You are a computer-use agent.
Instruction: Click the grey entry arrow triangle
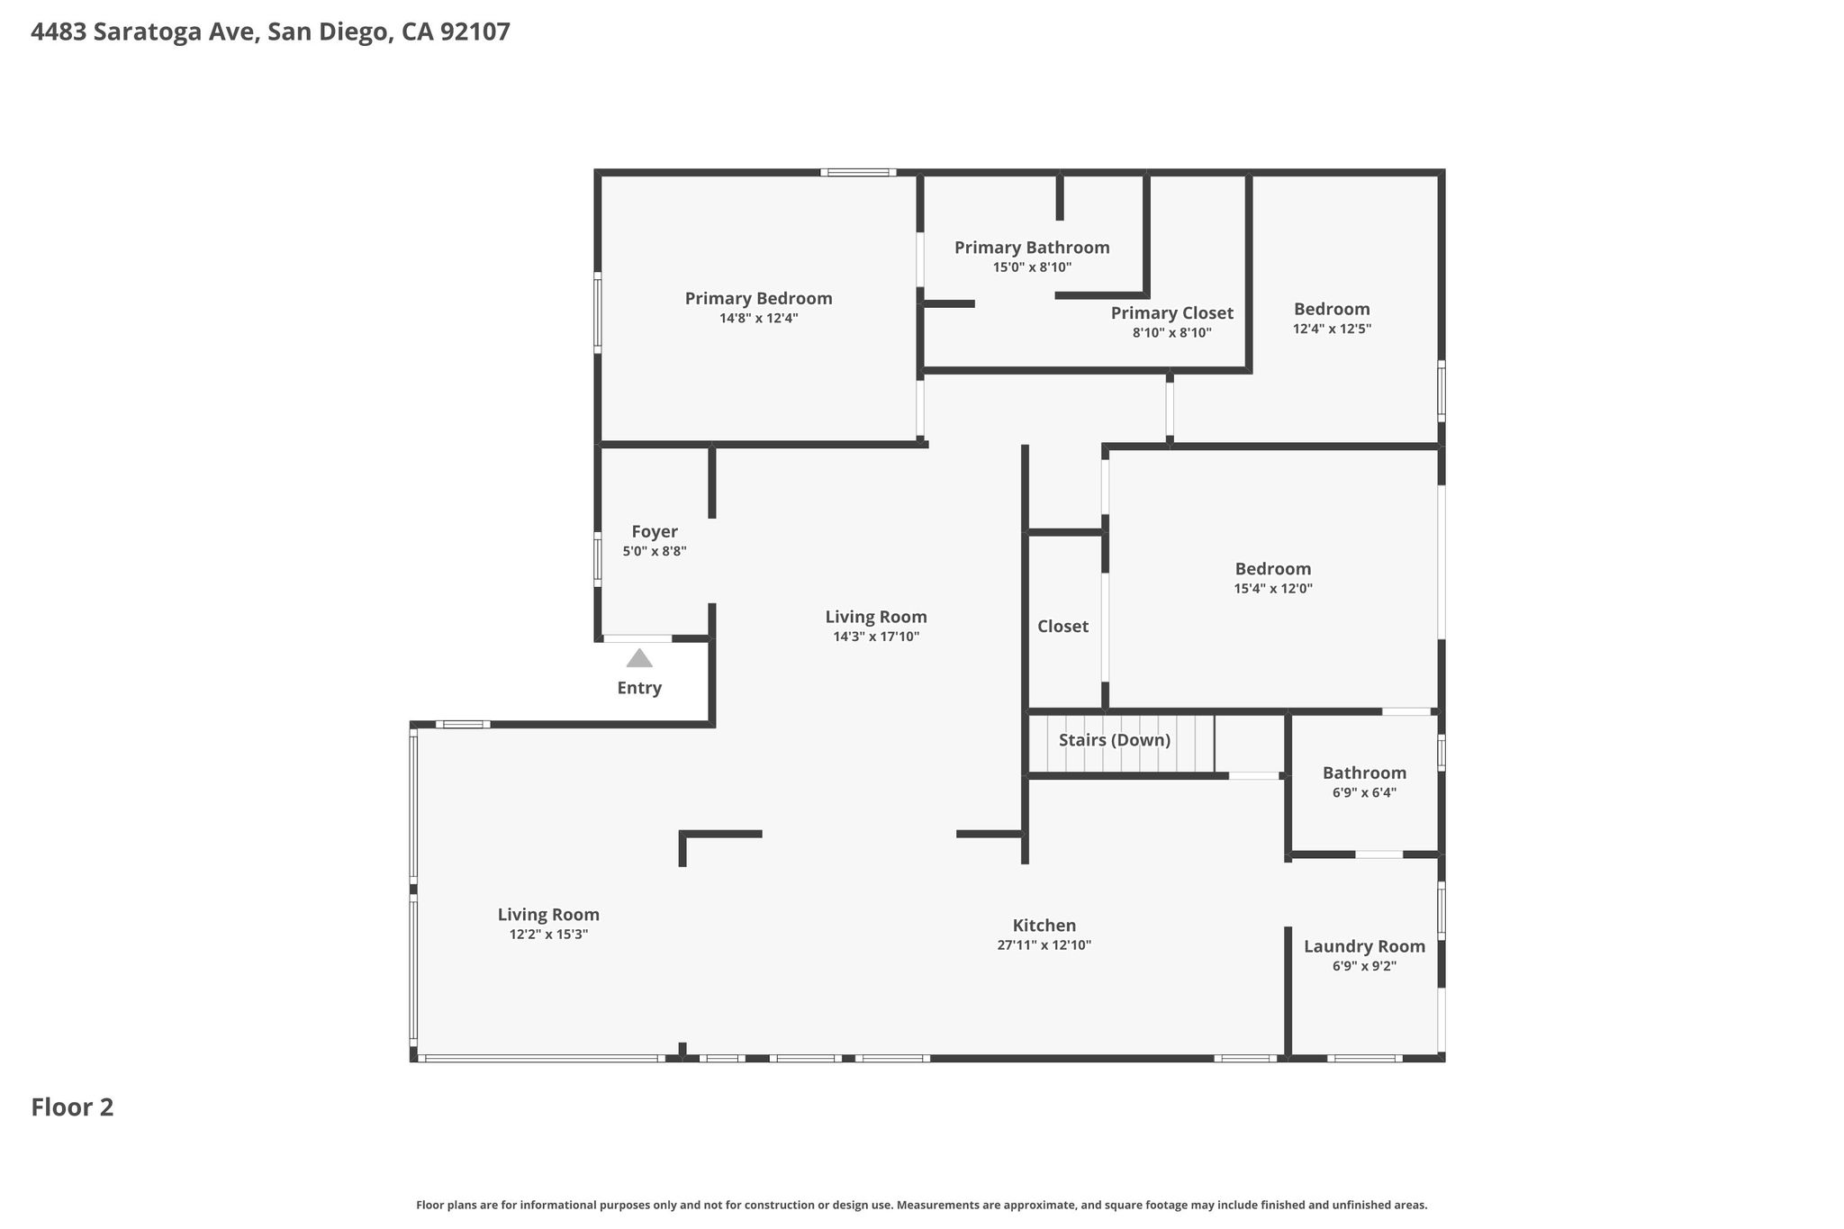pos(639,658)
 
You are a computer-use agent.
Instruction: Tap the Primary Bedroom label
pos(758,299)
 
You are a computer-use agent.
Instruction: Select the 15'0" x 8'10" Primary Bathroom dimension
pos(1032,267)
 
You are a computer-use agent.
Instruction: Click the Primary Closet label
pos(1171,313)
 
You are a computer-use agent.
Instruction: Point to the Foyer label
pos(655,532)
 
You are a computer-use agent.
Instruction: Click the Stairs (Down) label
pos(1115,740)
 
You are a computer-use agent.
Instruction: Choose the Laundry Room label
pos(1364,946)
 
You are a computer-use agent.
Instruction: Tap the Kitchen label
pos(1044,926)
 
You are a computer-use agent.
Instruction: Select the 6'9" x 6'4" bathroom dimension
pos(1364,793)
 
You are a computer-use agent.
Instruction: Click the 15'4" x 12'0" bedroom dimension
pos(1273,589)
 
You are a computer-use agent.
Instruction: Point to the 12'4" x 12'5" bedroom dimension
pos(1332,330)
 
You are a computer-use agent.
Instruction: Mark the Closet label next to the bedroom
pos(1062,627)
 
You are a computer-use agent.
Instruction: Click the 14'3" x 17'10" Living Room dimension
pos(876,637)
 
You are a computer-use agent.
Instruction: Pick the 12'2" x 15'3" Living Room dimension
pos(548,935)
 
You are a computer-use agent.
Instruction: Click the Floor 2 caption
pos(72,1107)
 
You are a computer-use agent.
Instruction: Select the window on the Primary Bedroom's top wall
pos(858,172)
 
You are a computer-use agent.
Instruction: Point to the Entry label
pos(639,689)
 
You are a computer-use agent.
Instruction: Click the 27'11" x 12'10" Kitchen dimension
pos(1044,945)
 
